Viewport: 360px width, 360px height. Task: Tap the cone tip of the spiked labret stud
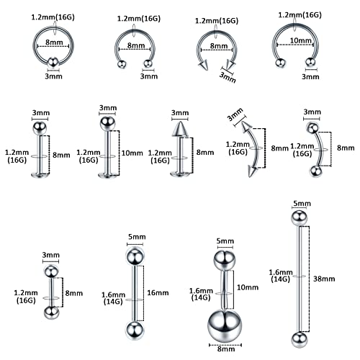(x=177, y=131)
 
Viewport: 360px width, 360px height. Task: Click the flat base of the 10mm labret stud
(x=107, y=176)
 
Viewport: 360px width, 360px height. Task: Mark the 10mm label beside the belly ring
(x=247, y=287)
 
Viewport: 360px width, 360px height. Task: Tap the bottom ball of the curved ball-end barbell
(x=315, y=171)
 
